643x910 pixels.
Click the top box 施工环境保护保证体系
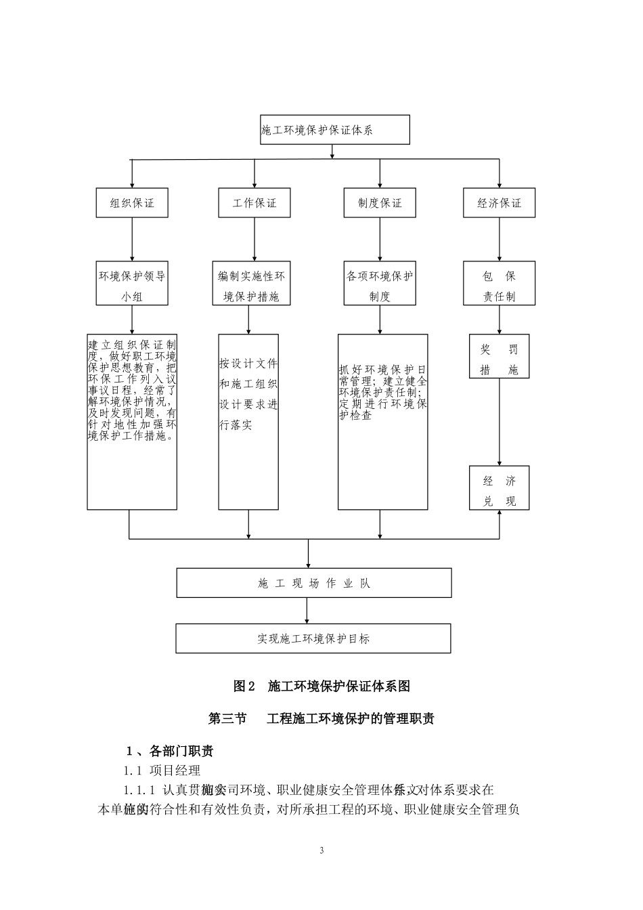point(335,129)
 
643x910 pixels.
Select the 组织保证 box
point(132,202)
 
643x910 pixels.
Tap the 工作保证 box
point(254,202)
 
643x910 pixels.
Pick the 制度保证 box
point(380,202)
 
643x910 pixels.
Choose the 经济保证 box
point(499,202)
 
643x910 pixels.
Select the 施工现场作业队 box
point(314,583)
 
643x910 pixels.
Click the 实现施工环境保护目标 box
point(313,638)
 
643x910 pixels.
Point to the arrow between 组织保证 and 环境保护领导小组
point(132,238)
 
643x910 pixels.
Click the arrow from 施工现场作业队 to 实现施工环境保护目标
point(307,611)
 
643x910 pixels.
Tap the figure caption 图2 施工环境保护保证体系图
point(321,686)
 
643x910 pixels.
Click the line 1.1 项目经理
point(162,771)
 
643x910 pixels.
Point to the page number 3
point(321,850)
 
